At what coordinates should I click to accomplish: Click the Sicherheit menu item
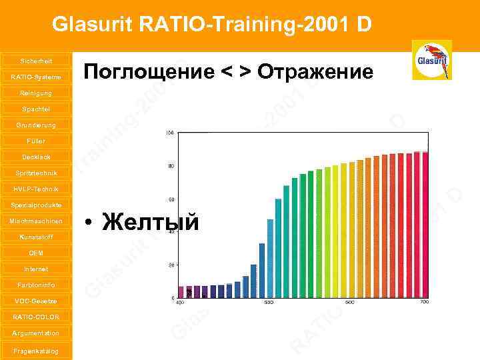(35, 61)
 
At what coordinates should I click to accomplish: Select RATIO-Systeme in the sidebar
(35, 77)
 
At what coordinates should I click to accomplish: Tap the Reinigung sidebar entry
(35, 93)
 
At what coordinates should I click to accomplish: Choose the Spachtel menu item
(35, 109)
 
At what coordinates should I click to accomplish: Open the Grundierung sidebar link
(35, 125)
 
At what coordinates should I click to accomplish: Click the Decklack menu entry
(35, 157)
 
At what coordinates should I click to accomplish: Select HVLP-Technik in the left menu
(35, 189)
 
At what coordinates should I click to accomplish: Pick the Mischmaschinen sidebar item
(35, 221)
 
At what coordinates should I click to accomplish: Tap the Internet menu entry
(35, 269)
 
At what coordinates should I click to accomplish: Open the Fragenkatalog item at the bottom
(35, 351)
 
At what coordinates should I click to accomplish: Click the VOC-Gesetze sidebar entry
(35, 301)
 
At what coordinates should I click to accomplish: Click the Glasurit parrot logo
(431, 60)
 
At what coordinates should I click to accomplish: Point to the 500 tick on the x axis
(269, 303)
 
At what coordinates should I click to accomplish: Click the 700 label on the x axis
(423, 303)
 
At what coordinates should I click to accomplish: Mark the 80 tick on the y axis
(171, 166)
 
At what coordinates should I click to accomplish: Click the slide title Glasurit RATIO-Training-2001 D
(212, 25)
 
